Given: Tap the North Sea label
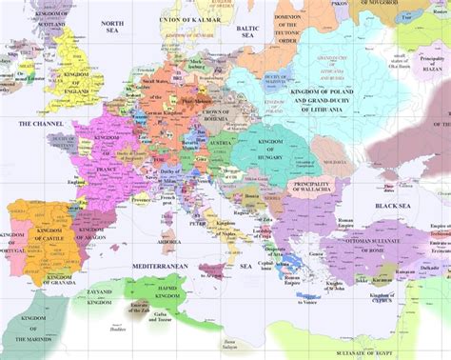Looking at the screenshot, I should pyautogui.click(x=113, y=26).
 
